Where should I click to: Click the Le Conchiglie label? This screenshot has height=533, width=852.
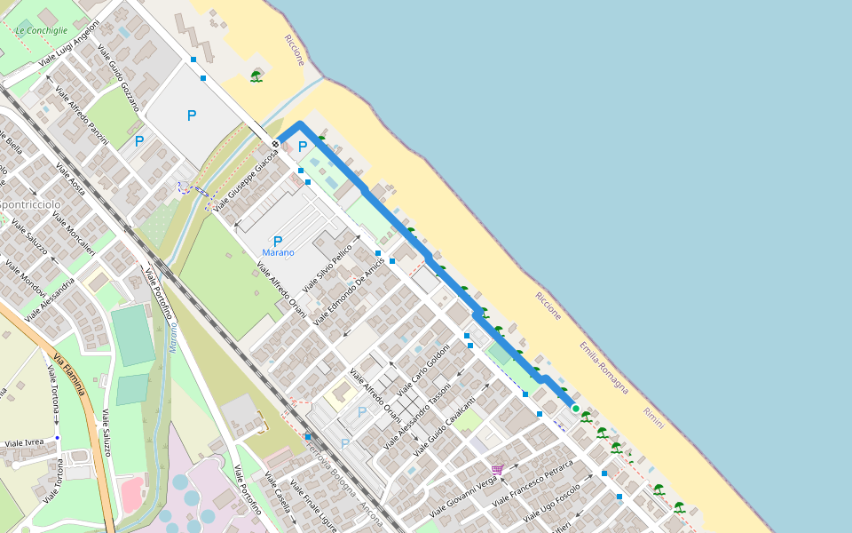pyautogui.click(x=42, y=30)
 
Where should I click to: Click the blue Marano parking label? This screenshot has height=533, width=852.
pyautogui.click(x=278, y=253)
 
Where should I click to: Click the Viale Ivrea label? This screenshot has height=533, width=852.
pyautogui.click(x=24, y=442)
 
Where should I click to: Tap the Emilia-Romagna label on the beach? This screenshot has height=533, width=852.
pyautogui.click(x=603, y=367)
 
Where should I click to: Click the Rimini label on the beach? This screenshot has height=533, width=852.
pyautogui.click(x=653, y=418)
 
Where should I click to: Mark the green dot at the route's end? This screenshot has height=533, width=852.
pyautogui.click(x=575, y=409)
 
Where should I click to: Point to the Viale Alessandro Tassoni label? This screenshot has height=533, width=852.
pyautogui.click(x=417, y=413)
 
